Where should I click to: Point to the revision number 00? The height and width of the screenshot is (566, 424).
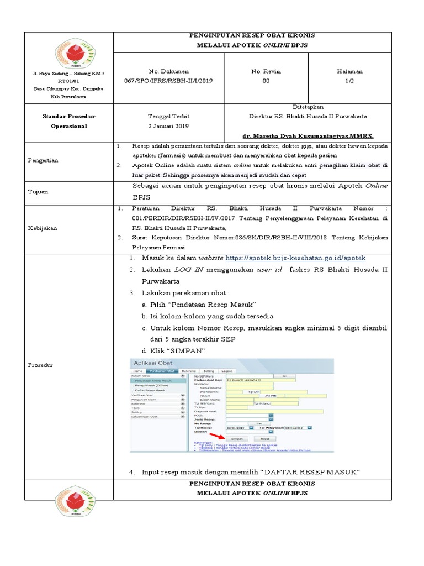click(x=266, y=81)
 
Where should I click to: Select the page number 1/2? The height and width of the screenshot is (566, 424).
click(x=350, y=81)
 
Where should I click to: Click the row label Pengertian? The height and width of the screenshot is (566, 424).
click(x=43, y=160)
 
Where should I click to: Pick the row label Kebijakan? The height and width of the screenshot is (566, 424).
click(x=41, y=228)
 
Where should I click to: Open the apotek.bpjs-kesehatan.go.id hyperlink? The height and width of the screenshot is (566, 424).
click(x=295, y=258)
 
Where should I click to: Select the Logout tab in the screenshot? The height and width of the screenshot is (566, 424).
click(x=226, y=371)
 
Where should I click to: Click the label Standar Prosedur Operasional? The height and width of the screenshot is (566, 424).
click(x=69, y=121)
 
